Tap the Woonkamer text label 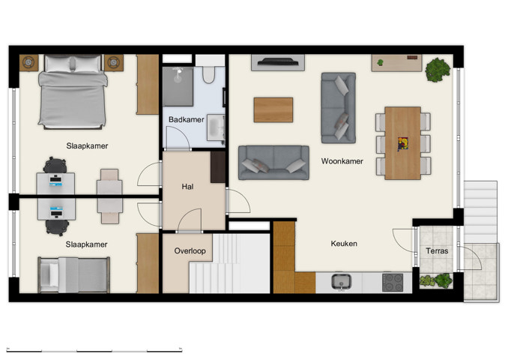click(x=342, y=161)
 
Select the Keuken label click(x=344, y=244)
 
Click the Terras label click(x=437, y=250)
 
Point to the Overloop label click(x=190, y=250)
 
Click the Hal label click(x=188, y=187)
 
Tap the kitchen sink click(x=342, y=282)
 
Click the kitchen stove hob click(x=392, y=282)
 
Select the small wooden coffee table click(x=273, y=109)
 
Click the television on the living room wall click(x=277, y=63)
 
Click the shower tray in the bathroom click(x=178, y=85)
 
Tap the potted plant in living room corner click(x=438, y=70)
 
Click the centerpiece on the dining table click(x=402, y=142)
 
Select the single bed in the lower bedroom click(x=74, y=274)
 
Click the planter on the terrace click(x=437, y=280)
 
